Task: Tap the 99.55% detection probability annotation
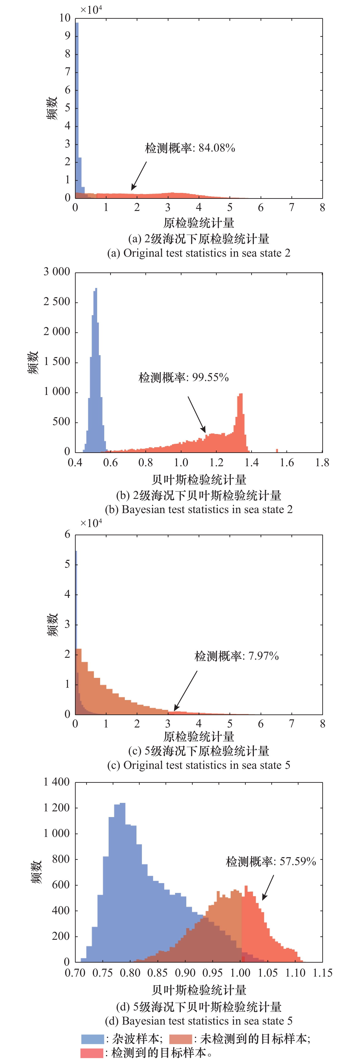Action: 184,377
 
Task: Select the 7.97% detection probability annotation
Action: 237,656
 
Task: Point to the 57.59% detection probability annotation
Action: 271,861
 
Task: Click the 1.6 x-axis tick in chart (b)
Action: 287,463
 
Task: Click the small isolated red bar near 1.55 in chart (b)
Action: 277,450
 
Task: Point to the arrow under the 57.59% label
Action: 268,888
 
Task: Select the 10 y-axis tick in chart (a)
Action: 65,18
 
